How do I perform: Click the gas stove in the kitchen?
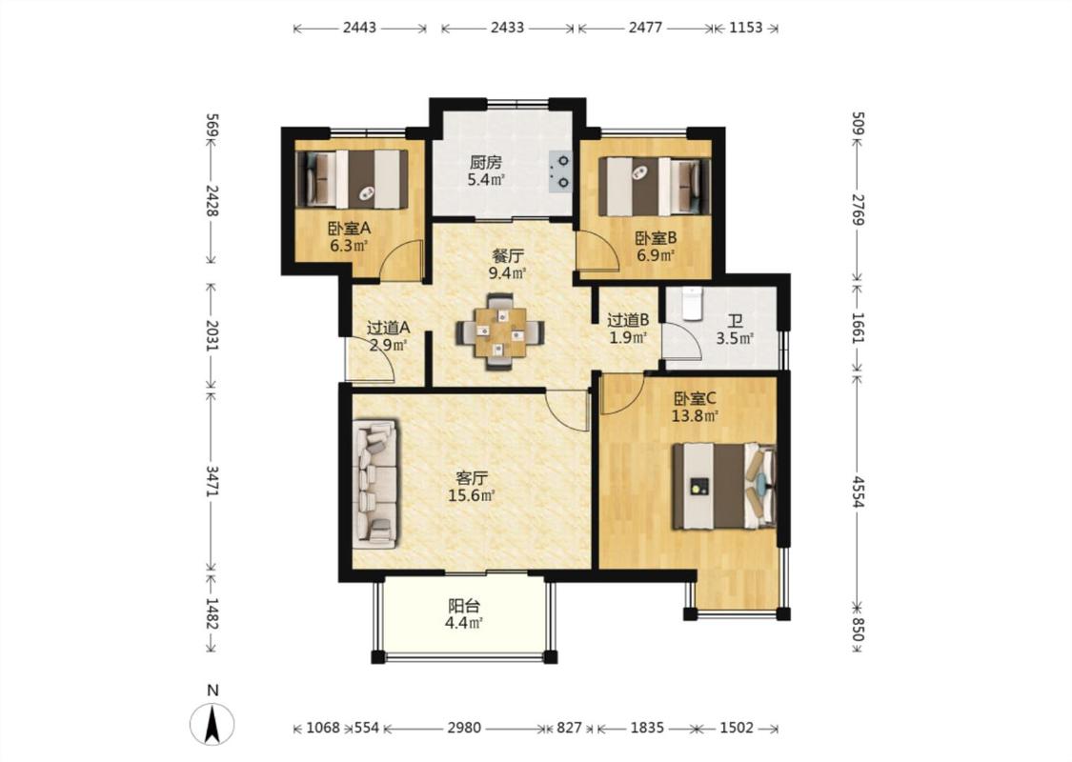point(560,170)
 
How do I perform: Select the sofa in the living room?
point(374,484)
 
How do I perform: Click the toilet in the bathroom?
point(691,304)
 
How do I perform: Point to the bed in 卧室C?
point(724,486)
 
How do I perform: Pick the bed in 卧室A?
point(352,179)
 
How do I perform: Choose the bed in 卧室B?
point(655,187)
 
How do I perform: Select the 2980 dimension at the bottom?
point(464,728)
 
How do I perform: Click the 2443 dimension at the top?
point(359,28)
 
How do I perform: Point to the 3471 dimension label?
point(212,481)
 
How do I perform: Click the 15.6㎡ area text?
point(472,494)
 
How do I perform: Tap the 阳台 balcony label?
point(463,606)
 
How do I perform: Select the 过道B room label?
point(628,319)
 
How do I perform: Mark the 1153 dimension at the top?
point(746,28)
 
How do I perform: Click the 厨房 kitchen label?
point(485,163)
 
